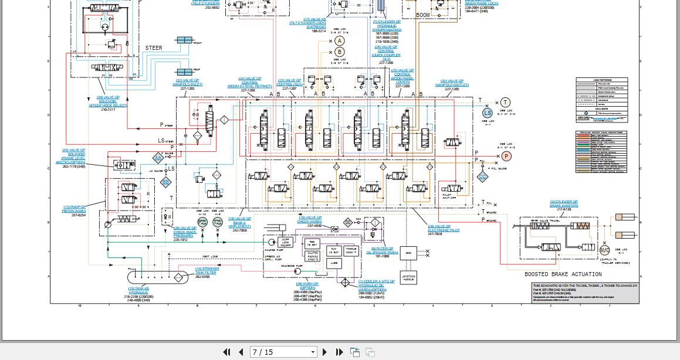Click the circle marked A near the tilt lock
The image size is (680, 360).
click(x=340, y=40)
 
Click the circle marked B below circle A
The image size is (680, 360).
click(x=340, y=52)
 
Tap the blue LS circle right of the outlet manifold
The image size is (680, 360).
click(x=488, y=113)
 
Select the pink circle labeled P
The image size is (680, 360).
click(x=506, y=156)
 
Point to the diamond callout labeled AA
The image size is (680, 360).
click(x=157, y=158)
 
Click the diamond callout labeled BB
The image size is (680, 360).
click(x=166, y=182)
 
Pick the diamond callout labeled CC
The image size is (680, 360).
click(x=482, y=176)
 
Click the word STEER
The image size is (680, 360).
click(x=154, y=48)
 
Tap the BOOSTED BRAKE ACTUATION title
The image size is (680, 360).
click(x=563, y=274)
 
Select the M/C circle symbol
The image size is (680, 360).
click(x=604, y=250)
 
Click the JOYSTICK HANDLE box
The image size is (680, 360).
click(x=408, y=278)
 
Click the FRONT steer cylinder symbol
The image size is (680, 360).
click(x=184, y=40)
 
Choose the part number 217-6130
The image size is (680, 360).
click(x=563, y=209)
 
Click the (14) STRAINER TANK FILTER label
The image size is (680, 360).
click(x=206, y=271)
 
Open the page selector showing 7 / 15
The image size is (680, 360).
click(x=283, y=352)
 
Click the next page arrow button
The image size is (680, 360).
click(x=325, y=352)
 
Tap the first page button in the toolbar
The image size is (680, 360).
click(x=226, y=352)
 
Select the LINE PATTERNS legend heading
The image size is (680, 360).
click(x=601, y=80)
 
